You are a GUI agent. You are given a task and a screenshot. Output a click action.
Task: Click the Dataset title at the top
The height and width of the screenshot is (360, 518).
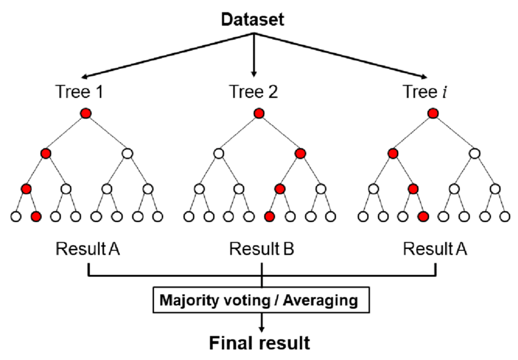tap(253, 19)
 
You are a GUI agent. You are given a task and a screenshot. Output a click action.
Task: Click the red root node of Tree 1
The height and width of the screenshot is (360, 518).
tap(86, 114)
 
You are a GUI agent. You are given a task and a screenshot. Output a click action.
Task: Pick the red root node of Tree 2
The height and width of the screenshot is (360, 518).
tap(259, 114)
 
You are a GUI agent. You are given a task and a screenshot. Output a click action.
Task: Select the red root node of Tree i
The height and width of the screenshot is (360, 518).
tap(433, 114)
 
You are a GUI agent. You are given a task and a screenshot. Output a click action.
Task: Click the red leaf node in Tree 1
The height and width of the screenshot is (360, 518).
tap(36, 216)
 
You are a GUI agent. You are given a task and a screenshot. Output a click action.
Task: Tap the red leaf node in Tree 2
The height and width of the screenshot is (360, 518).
tap(270, 216)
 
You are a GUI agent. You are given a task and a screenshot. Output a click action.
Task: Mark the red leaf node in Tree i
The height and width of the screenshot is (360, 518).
tap(423, 216)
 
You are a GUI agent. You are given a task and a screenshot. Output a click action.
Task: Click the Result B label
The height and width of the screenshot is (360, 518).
tap(261, 248)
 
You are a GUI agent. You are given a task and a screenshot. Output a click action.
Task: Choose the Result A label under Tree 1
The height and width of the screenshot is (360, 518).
tap(88, 248)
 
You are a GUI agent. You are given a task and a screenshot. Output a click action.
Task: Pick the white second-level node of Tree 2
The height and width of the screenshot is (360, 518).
tap(218, 154)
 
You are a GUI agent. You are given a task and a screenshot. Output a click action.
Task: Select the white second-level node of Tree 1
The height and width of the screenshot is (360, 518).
tap(127, 154)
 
